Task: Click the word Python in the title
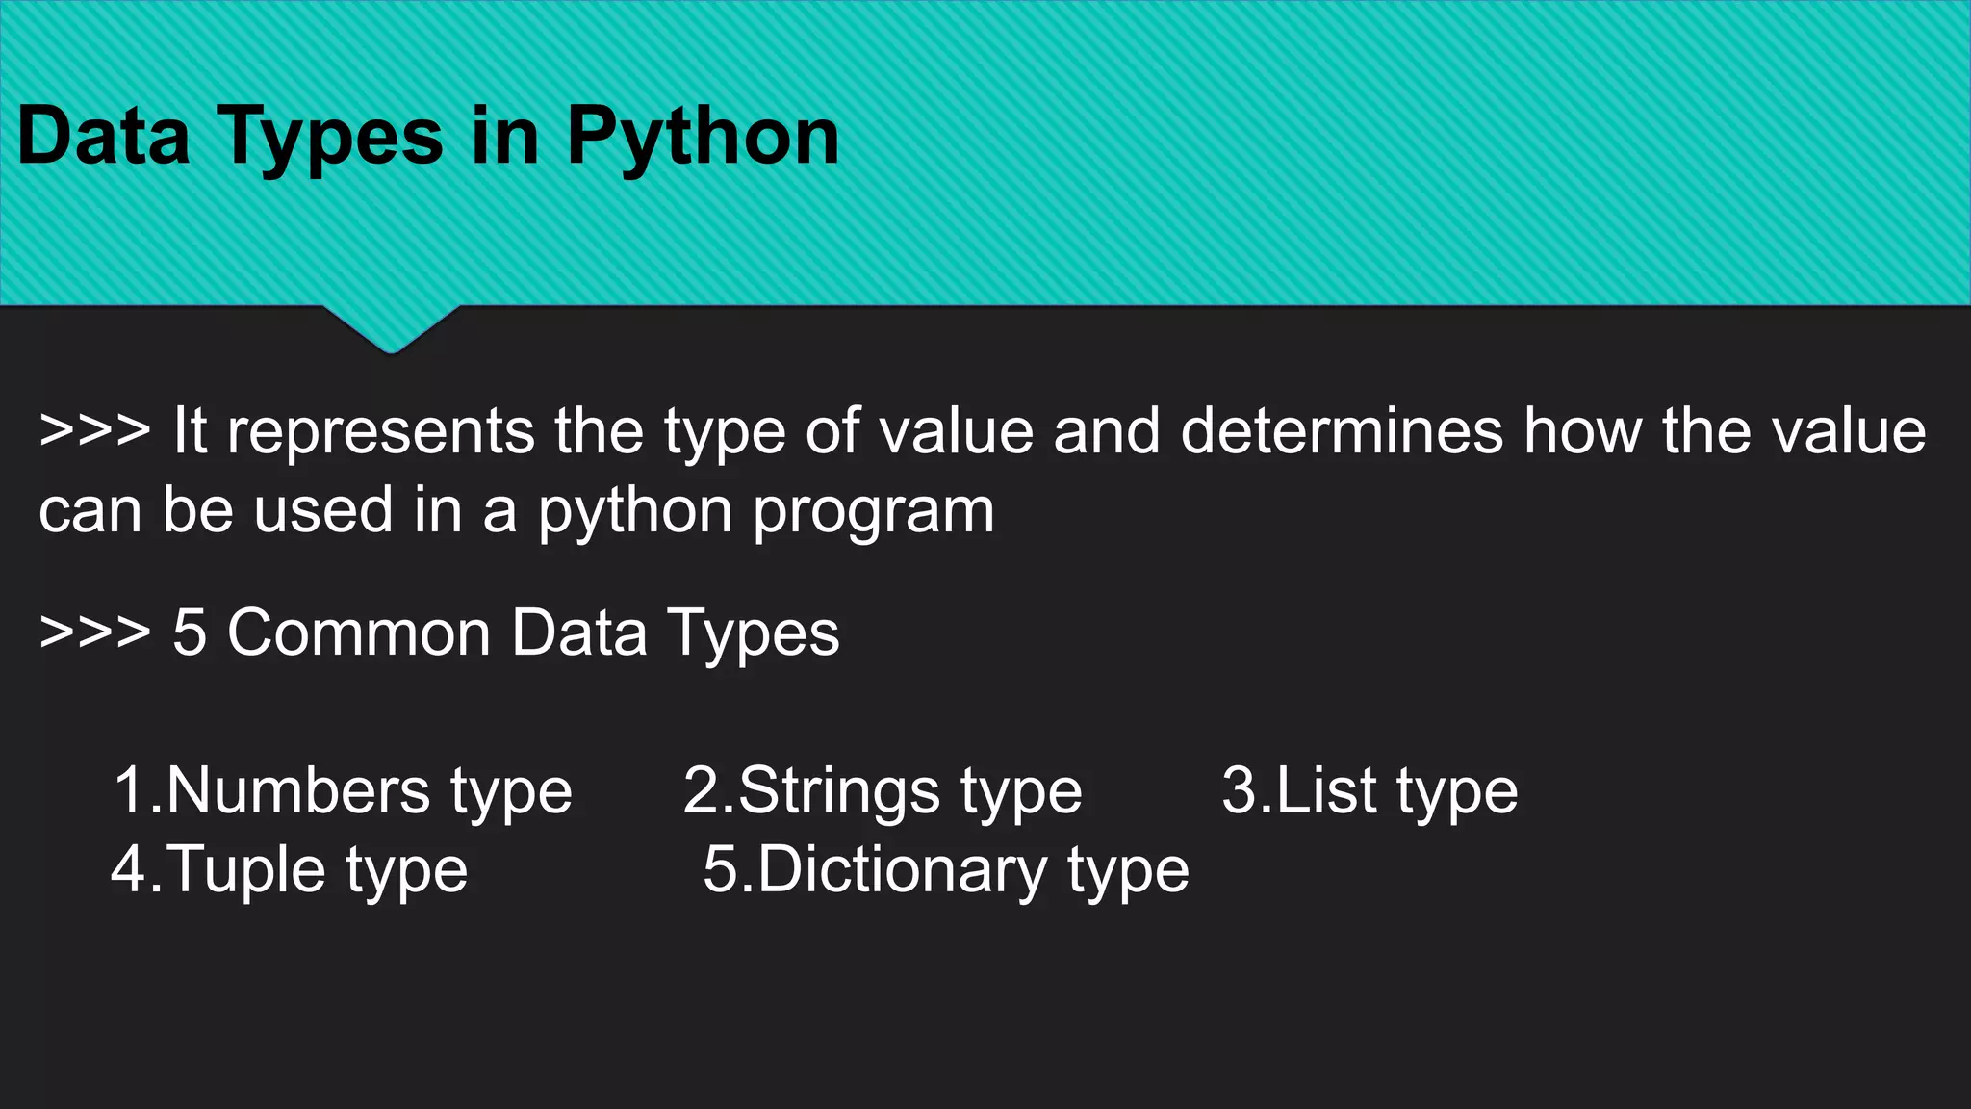[703, 138]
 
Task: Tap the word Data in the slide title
[103, 136]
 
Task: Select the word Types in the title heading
[332, 138]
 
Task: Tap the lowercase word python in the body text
[634, 511]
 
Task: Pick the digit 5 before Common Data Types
[190, 633]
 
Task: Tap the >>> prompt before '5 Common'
[94, 633]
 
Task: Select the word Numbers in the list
[299, 791]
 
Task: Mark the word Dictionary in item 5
[902, 870]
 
